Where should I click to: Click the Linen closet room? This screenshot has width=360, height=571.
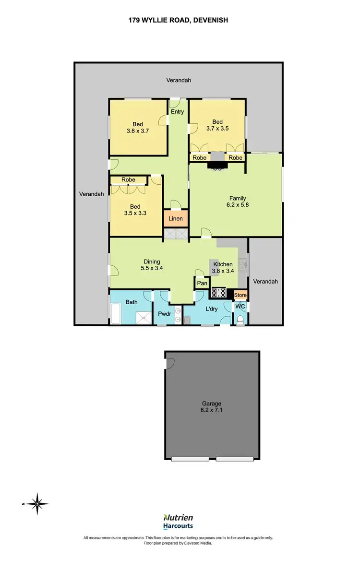click(x=175, y=219)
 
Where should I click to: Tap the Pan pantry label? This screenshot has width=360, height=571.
click(x=202, y=283)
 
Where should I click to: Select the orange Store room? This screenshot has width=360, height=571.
click(x=240, y=295)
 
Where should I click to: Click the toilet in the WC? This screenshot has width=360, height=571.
click(x=240, y=320)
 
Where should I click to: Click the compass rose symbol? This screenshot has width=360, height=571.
click(x=37, y=503)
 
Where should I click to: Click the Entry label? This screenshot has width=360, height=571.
click(x=177, y=112)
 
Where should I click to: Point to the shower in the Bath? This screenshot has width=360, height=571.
click(x=143, y=317)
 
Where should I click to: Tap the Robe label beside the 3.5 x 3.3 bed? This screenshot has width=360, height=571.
click(x=128, y=180)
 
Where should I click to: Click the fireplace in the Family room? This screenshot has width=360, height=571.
click(x=218, y=166)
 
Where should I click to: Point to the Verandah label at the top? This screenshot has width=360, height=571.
click(x=179, y=80)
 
